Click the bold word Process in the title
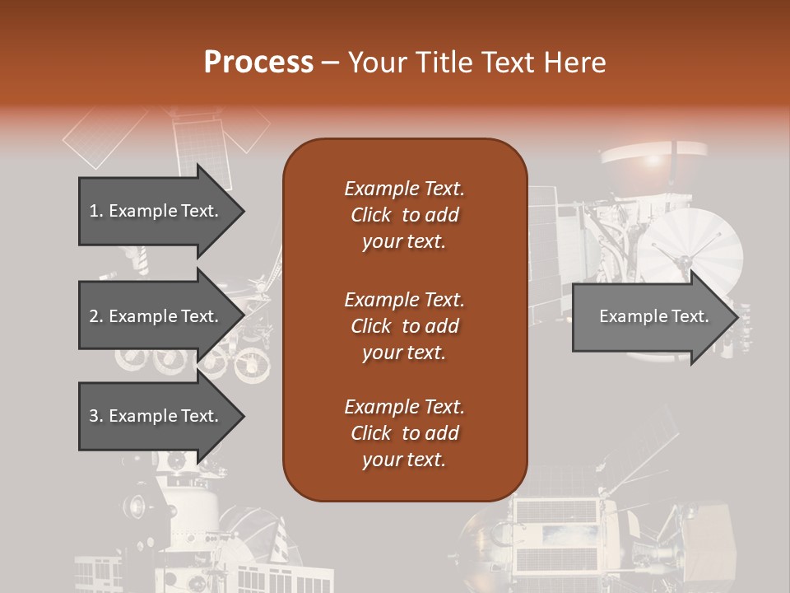point(258,62)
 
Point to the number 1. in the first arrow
point(96,211)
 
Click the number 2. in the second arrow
point(96,316)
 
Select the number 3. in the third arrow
point(96,416)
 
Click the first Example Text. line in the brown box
point(404,189)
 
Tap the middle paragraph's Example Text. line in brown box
point(404,299)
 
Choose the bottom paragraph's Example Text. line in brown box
point(404,407)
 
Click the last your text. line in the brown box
point(404,460)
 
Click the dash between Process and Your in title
point(330,62)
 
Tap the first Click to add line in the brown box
point(404,215)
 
